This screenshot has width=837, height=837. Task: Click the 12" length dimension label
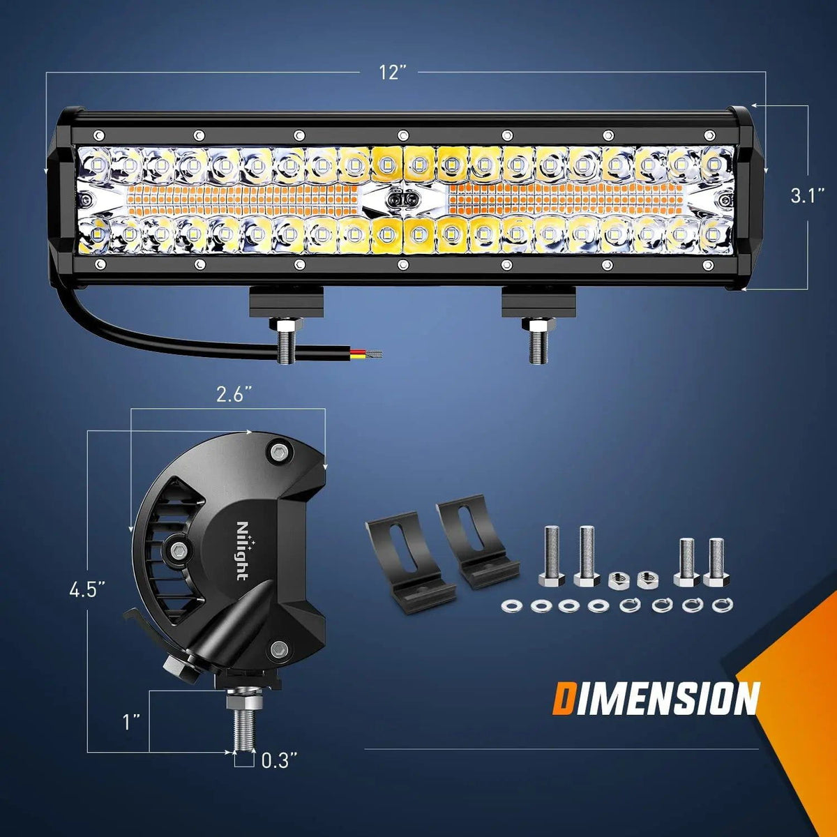click(393, 73)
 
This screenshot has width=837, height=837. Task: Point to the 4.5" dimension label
click(87, 590)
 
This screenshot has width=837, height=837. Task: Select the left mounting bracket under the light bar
click(287, 301)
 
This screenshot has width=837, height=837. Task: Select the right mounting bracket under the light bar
click(538, 301)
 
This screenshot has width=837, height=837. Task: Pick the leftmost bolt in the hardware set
click(550, 556)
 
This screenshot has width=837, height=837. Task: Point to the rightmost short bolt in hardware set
click(714, 562)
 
